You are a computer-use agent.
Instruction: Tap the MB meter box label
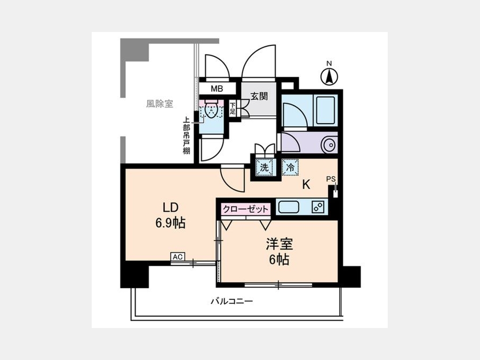tap(217, 89)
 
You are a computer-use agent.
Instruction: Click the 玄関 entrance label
tap(259, 96)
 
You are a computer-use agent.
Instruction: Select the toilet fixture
tap(211, 109)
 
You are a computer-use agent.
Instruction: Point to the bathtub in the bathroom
tap(326, 110)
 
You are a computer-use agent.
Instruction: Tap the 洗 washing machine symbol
tap(264, 167)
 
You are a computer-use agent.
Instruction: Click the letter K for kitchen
tap(306, 185)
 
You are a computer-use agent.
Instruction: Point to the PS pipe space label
tap(331, 179)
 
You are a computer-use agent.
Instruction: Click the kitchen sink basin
tap(289, 207)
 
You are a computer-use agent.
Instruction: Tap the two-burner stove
tap(318, 207)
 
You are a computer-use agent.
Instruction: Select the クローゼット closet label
tap(245, 210)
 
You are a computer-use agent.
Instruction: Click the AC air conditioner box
tap(178, 257)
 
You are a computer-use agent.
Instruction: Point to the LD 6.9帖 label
tap(171, 215)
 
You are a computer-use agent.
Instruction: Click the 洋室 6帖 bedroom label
tap(279, 252)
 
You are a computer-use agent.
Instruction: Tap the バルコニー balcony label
tap(232, 301)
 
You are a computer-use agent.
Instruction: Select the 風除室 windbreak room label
tap(159, 104)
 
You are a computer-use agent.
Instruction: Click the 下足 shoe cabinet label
tap(233, 108)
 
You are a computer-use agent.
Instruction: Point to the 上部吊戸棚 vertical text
tap(186, 135)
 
